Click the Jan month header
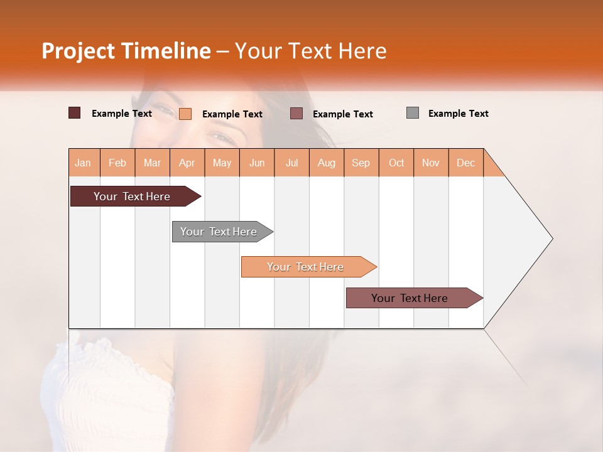(84, 163)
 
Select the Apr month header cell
(187, 163)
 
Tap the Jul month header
(291, 163)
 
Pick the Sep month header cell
(361, 163)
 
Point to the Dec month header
(465, 163)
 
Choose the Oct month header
(396, 163)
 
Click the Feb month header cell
(117, 163)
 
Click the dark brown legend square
(75, 113)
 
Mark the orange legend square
(185, 114)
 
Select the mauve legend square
(296, 114)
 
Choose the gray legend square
(413, 113)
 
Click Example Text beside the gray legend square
(458, 114)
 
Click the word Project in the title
(78, 51)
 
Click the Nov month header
(431, 163)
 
